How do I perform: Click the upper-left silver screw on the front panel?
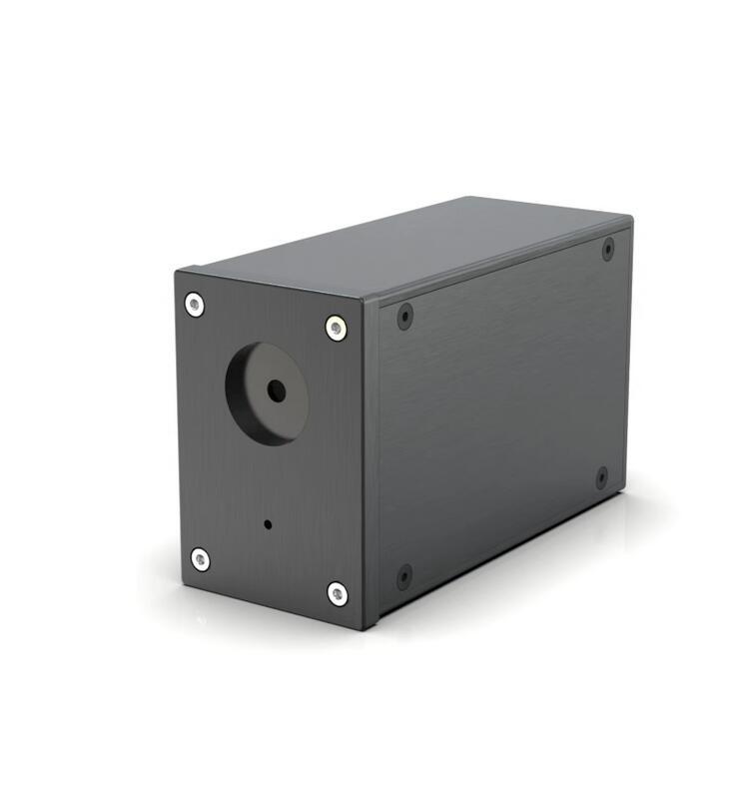coord(195,305)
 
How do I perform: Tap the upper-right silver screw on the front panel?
coord(337,328)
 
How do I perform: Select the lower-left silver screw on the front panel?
coord(201,559)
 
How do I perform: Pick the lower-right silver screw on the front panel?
coord(339,593)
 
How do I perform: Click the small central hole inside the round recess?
coord(277,392)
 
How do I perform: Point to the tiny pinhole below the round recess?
coord(267,523)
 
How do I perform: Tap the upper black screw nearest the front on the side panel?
coord(404,317)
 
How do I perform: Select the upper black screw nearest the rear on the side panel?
coord(608,249)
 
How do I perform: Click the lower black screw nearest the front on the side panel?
coord(404,576)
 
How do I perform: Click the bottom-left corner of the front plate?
coord(183,582)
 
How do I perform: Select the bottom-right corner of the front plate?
coord(363,629)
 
